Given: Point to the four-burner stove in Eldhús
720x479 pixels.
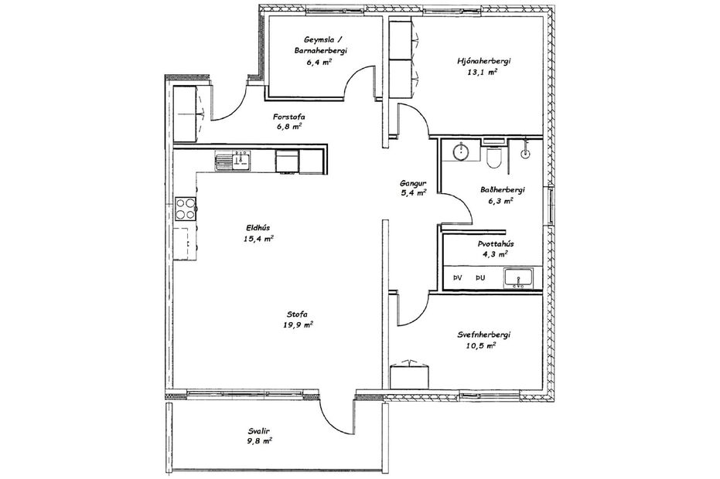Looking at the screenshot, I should click(x=186, y=207).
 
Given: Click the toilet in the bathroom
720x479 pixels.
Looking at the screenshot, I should click(x=496, y=158).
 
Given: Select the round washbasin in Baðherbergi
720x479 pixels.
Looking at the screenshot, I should click(x=462, y=151).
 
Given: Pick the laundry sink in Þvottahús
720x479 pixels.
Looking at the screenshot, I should click(x=516, y=277).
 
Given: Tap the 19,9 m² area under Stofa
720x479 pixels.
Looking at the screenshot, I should click(x=298, y=325).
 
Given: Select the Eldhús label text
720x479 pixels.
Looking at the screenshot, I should click(x=258, y=228).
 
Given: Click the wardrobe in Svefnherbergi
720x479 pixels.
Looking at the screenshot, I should click(x=409, y=375).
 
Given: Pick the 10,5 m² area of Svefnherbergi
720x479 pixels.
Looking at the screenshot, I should click(x=480, y=346).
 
